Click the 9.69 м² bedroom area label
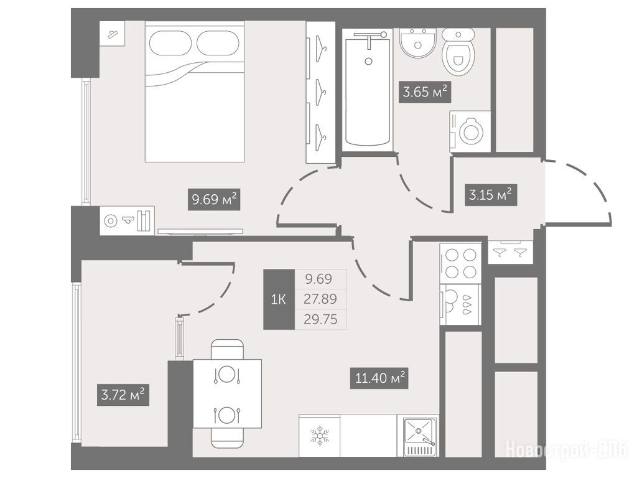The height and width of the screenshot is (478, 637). (x=214, y=200)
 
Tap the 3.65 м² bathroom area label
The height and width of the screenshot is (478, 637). (x=424, y=92)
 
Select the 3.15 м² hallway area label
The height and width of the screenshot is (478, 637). (x=490, y=195)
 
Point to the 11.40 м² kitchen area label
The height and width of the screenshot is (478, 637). (x=379, y=378)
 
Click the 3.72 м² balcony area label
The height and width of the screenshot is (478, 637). (x=123, y=395)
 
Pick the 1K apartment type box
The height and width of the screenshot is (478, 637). (x=279, y=299)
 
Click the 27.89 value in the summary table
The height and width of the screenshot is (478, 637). (x=320, y=299)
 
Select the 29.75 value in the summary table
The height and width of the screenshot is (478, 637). (x=320, y=319)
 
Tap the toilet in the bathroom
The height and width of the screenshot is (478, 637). (x=458, y=51)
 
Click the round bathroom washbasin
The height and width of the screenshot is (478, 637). (x=418, y=43)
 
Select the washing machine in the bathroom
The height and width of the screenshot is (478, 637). (x=470, y=132)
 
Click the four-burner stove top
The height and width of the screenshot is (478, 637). (x=461, y=263)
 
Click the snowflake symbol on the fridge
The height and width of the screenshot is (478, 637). (x=320, y=436)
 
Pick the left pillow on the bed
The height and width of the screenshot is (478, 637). (x=170, y=43)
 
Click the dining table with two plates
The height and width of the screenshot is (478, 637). (x=227, y=393)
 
